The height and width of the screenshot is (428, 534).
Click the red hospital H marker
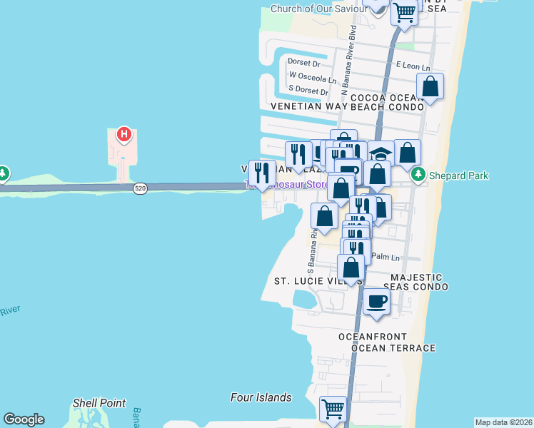point(124,133)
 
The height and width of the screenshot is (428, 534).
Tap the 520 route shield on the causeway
point(139,188)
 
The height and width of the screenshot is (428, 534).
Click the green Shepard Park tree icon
point(418,175)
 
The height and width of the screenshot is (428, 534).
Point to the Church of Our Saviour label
point(319,9)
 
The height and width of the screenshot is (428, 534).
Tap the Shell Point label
point(99,403)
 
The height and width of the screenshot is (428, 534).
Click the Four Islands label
point(261,397)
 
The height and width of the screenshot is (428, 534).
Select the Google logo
point(24,419)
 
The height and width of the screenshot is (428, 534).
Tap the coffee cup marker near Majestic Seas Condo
point(376,300)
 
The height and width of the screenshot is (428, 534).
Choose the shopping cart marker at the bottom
point(333,409)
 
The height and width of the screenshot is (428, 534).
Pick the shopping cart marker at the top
point(404,12)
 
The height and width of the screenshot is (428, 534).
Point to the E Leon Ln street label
point(413,66)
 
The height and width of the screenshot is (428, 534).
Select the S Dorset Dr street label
point(308,91)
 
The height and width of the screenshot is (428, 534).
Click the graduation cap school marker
point(381,155)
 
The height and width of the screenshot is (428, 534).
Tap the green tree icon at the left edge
point(3,173)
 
